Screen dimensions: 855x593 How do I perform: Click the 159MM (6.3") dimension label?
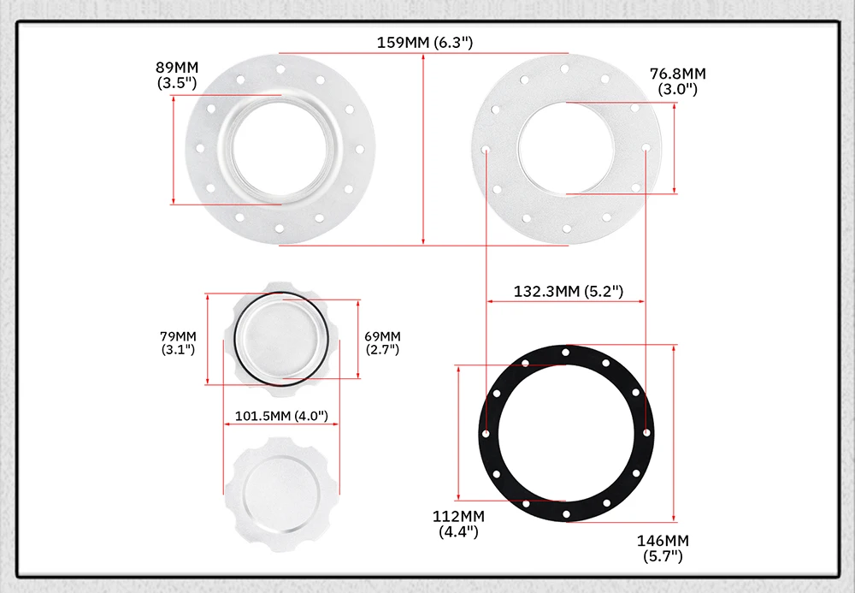(x=425, y=43)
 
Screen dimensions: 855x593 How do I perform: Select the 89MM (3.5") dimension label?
(x=177, y=75)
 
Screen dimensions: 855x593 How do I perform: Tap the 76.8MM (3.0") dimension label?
(x=678, y=81)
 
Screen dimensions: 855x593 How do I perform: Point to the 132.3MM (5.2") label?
(x=569, y=291)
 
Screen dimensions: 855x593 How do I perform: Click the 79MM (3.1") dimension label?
(x=178, y=343)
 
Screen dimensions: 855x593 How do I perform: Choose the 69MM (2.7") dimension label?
(x=382, y=343)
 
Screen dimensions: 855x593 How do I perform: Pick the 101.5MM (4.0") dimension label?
(x=281, y=416)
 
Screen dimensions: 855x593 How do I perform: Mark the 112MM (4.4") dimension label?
(x=458, y=525)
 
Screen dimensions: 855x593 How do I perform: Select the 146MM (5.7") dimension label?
(x=663, y=549)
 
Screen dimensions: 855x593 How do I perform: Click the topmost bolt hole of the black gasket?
(x=566, y=353)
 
